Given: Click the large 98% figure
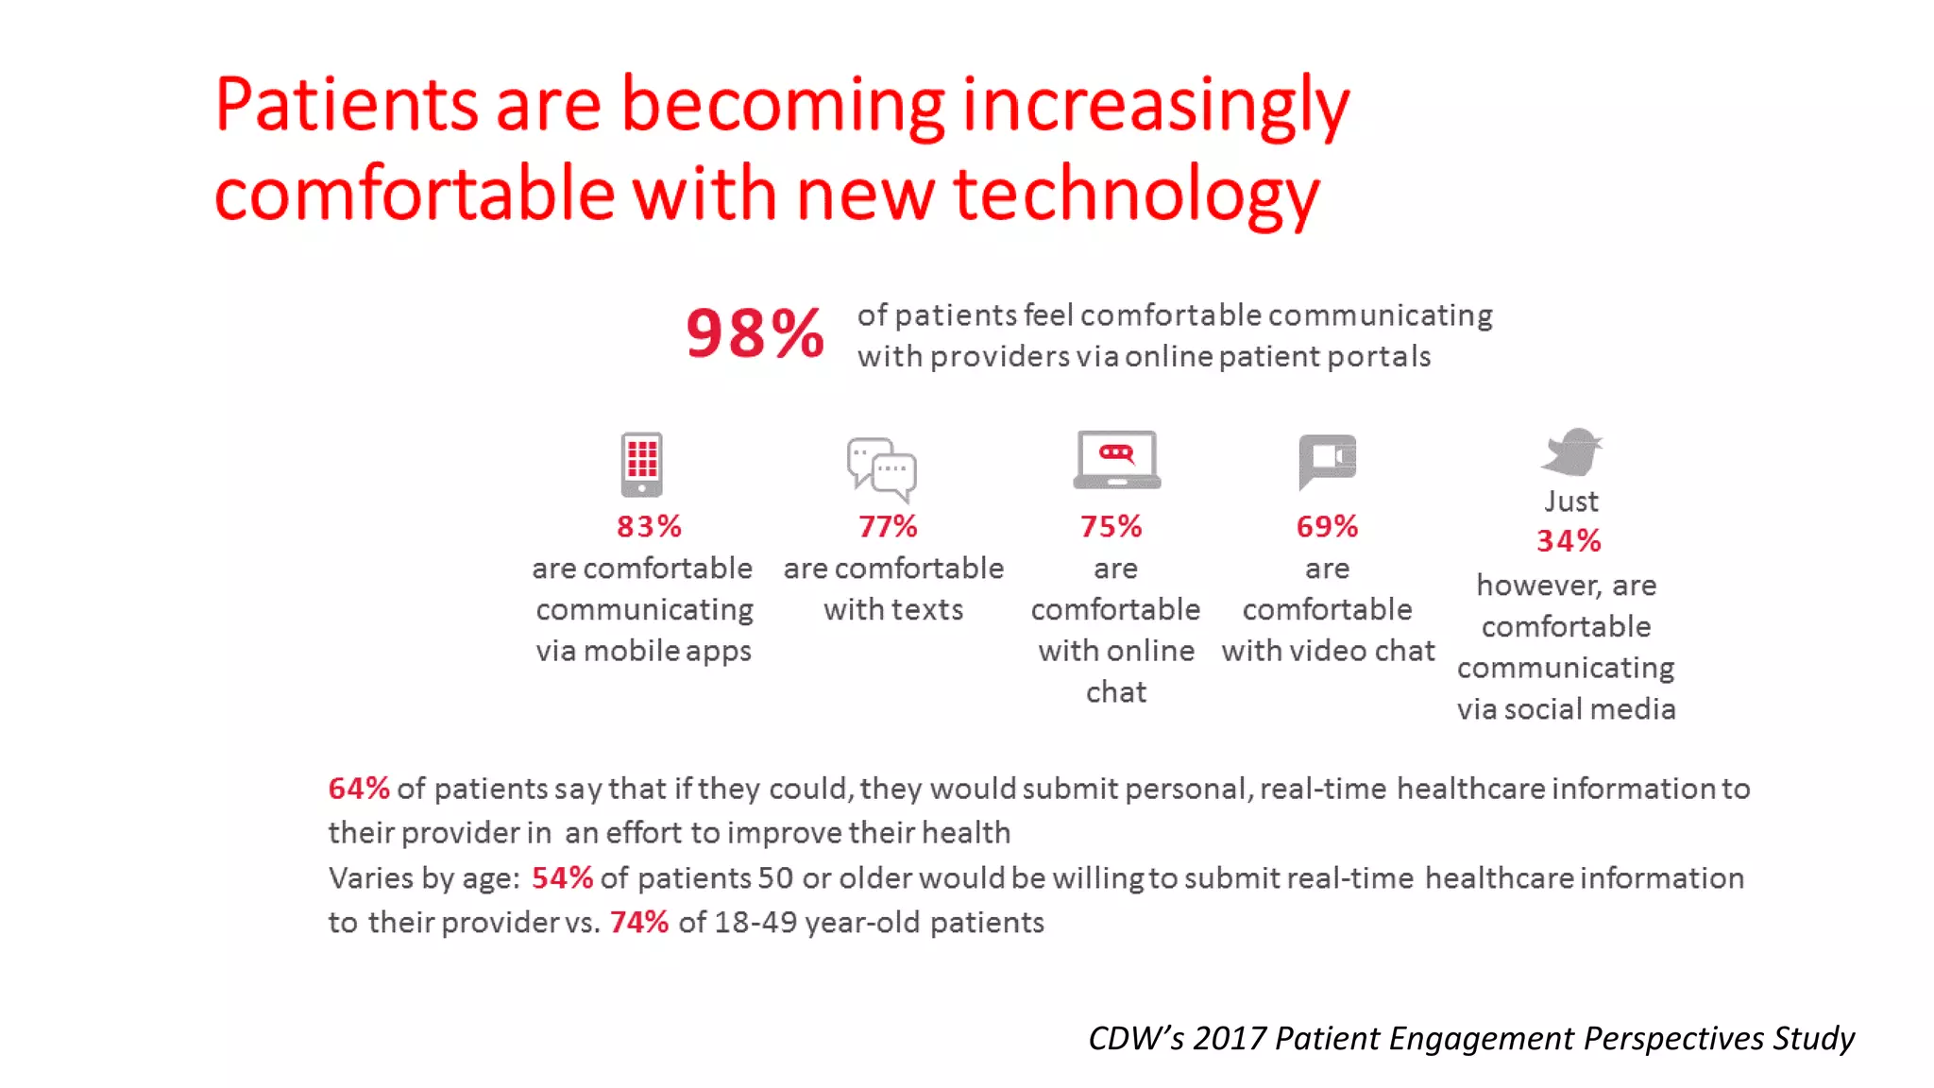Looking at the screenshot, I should [x=755, y=333].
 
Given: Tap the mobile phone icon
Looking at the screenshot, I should [x=641, y=464].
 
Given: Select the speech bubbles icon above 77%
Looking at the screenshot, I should [x=881, y=468].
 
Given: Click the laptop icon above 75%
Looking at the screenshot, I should [x=1116, y=460].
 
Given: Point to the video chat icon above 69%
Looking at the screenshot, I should [x=1327, y=461].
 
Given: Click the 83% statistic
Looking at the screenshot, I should [x=649, y=526].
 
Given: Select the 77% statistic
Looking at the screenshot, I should [x=888, y=526].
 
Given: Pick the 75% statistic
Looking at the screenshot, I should [x=1111, y=526].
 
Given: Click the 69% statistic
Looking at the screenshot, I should [x=1327, y=526].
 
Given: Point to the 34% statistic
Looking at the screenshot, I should [x=1569, y=541].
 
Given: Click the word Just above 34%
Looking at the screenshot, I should [x=1571, y=501].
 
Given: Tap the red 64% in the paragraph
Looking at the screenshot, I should [x=359, y=788].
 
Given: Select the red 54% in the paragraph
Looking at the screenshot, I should [x=562, y=877].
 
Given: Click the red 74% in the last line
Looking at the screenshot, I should [x=639, y=922].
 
